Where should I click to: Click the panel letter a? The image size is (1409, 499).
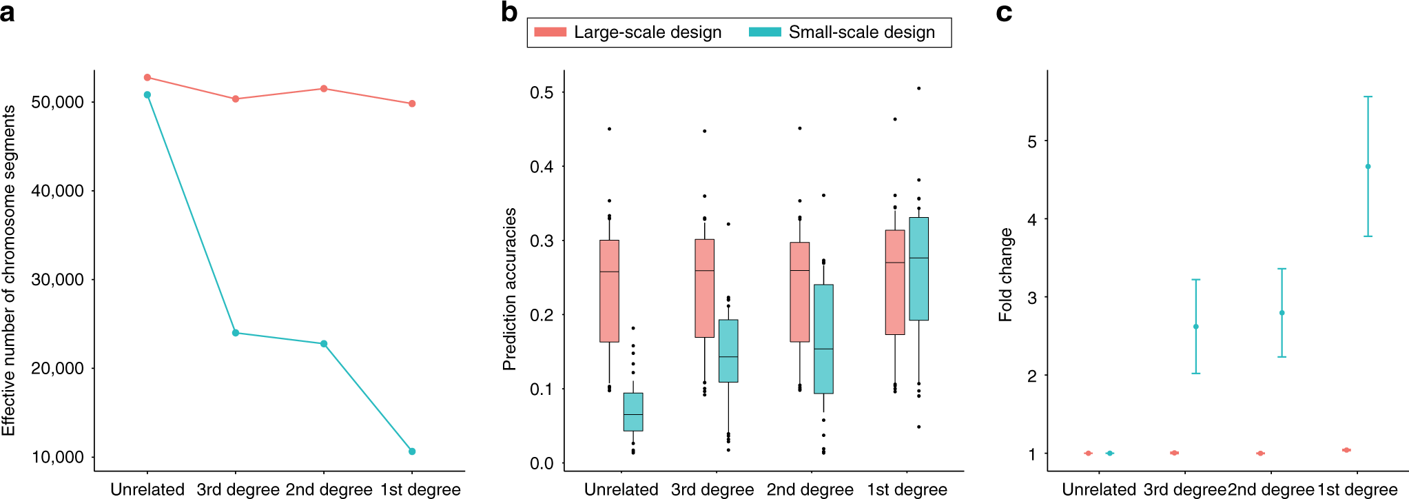[x=8, y=12]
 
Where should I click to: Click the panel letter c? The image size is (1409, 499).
[x=1004, y=12]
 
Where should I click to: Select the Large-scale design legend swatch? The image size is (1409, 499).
[x=550, y=32]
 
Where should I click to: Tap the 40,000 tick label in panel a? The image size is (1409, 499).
[x=58, y=191]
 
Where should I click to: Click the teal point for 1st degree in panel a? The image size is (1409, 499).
[x=412, y=451]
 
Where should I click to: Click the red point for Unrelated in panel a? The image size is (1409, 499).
[x=147, y=77]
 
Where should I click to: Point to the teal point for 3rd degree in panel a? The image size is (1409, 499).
[x=236, y=333]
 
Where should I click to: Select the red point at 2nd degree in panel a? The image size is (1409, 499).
[x=324, y=89]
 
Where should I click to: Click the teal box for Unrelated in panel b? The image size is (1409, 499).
[x=633, y=412]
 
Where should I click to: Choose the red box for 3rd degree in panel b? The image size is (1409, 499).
[x=704, y=288]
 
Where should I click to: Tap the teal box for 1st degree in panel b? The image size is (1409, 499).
[x=918, y=269]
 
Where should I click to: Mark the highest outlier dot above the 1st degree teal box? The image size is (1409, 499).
[x=918, y=88]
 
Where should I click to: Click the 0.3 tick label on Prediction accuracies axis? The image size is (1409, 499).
[x=542, y=241]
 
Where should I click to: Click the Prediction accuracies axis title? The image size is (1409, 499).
[x=509, y=289]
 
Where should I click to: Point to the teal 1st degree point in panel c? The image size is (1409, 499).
[x=1368, y=167]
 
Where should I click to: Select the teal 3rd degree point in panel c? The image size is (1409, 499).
[x=1195, y=327]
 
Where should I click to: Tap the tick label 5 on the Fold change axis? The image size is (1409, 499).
[x=1031, y=142]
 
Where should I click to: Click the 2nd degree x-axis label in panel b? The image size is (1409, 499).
[x=810, y=489]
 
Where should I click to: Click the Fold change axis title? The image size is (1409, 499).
[x=1006, y=275]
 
